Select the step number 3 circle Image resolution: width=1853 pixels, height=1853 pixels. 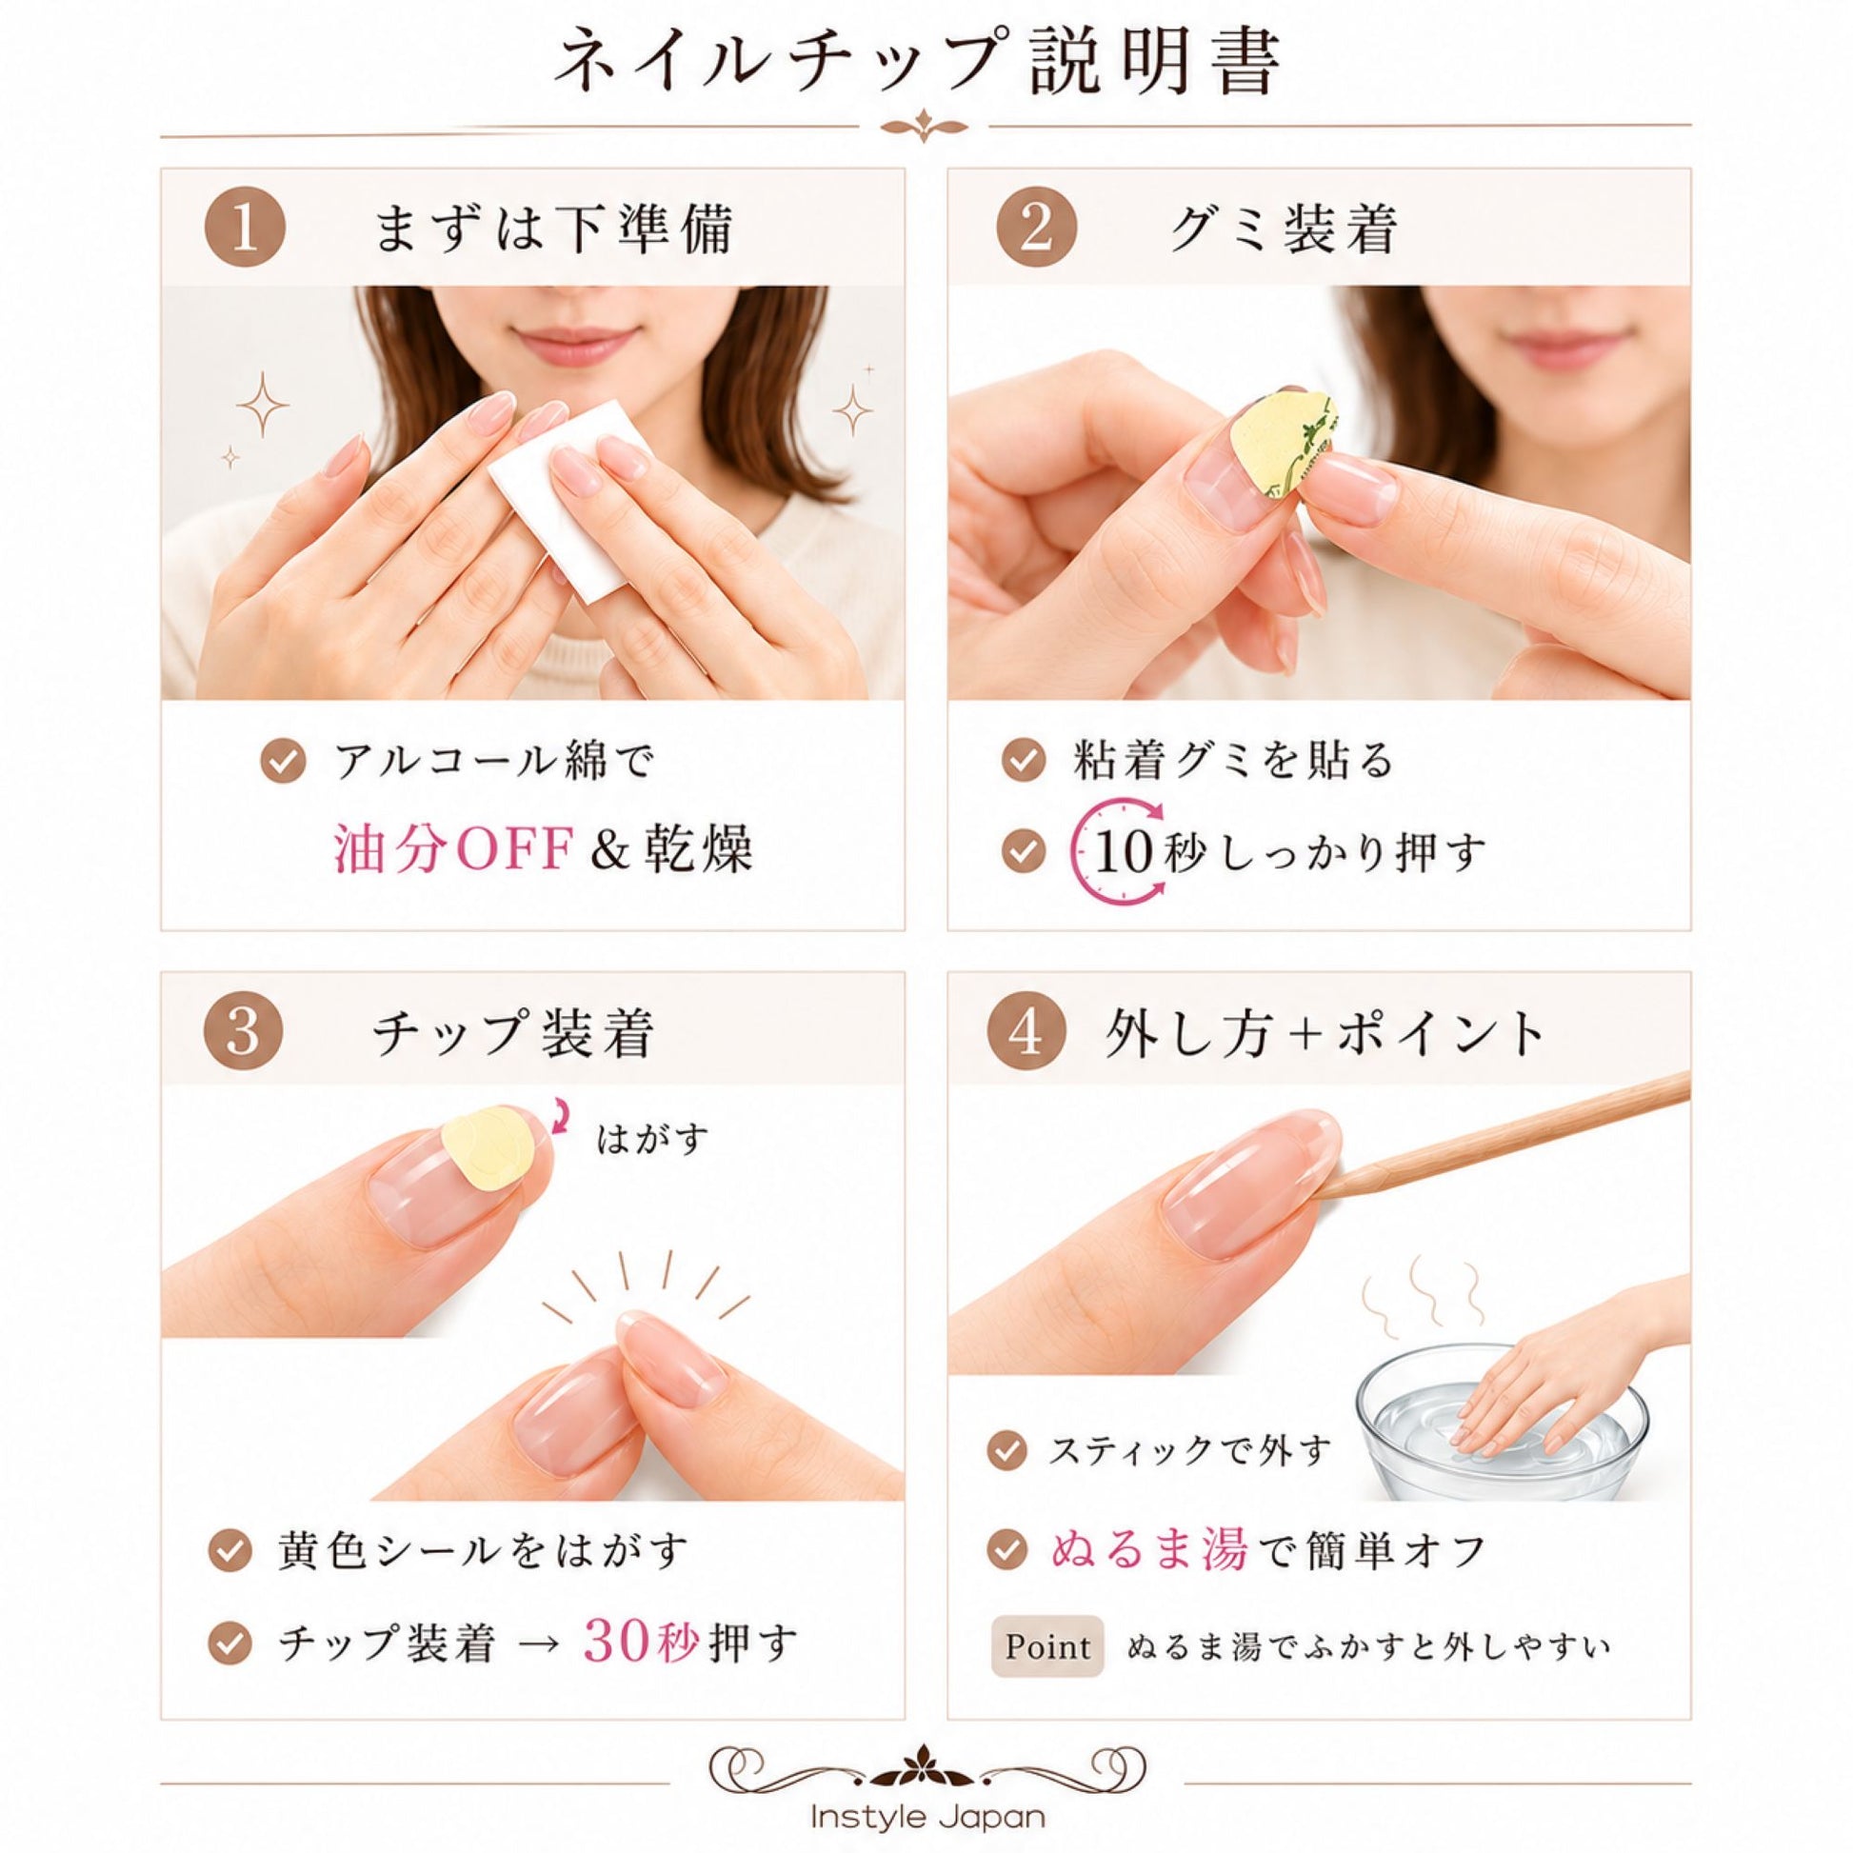(x=243, y=1033)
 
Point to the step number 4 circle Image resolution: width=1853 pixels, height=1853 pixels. (x=1027, y=1033)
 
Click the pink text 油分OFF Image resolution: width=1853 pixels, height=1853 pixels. (x=453, y=849)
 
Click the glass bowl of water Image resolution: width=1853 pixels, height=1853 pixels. (x=1502, y=1439)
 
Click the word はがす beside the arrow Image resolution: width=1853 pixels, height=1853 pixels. (x=652, y=1140)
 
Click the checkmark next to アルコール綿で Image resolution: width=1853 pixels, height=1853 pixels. (x=284, y=763)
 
